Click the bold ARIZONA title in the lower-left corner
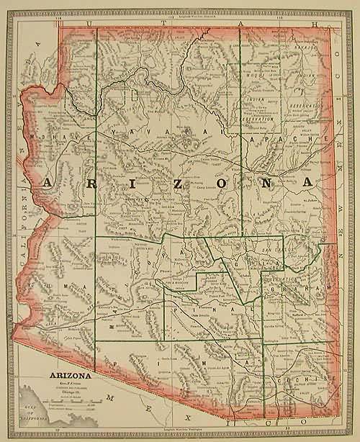pyautogui.click(x=70, y=375)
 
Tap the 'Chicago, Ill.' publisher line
pyautogui.click(x=70, y=394)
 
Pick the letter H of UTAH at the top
pyautogui.click(x=314, y=24)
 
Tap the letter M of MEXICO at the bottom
pyautogui.click(x=109, y=397)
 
